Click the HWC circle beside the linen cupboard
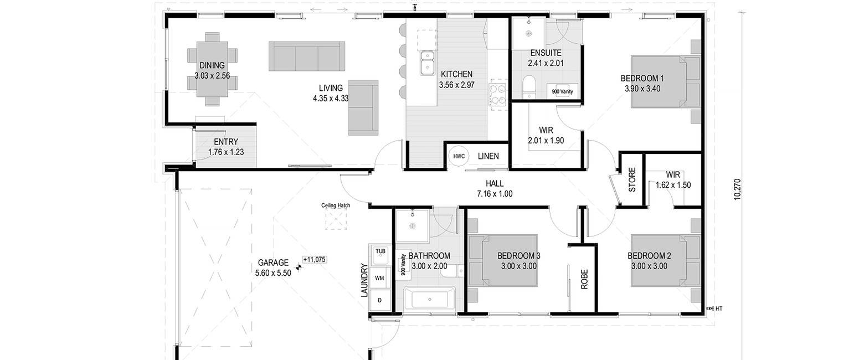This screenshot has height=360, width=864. click(x=459, y=156)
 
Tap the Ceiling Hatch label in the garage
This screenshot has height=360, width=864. click(x=336, y=205)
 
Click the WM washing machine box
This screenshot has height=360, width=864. click(x=379, y=278)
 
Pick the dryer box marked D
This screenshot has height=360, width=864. click(x=379, y=300)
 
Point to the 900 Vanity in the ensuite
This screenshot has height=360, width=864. click(x=562, y=91)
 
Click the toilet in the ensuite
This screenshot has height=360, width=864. click(x=528, y=87)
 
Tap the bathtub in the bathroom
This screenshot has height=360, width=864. click(x=429, y=299)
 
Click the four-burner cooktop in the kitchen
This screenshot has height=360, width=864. click(x=497, y=95)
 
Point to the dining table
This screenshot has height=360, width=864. click(x=212, y=69)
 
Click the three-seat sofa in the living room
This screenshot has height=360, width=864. click(x=307, y=56)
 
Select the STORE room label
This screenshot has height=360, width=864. click(x=632, y=180)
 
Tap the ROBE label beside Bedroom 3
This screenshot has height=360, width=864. click(x=584, y=279)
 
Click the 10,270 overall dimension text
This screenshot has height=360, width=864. click(x=737, y=189)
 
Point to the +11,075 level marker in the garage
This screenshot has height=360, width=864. click(x=315, y=260)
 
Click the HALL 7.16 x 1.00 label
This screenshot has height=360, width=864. click(x=495, y=189)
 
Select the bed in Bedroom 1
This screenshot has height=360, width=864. click(x=666, y=82)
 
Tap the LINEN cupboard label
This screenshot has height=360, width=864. click(x=488, y=156)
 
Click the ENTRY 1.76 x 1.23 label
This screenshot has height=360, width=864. click(x=226, y=147)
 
